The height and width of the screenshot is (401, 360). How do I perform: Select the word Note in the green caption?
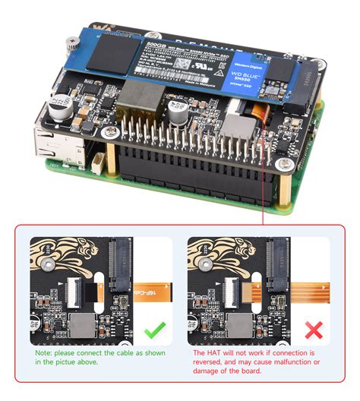[45, 353]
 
